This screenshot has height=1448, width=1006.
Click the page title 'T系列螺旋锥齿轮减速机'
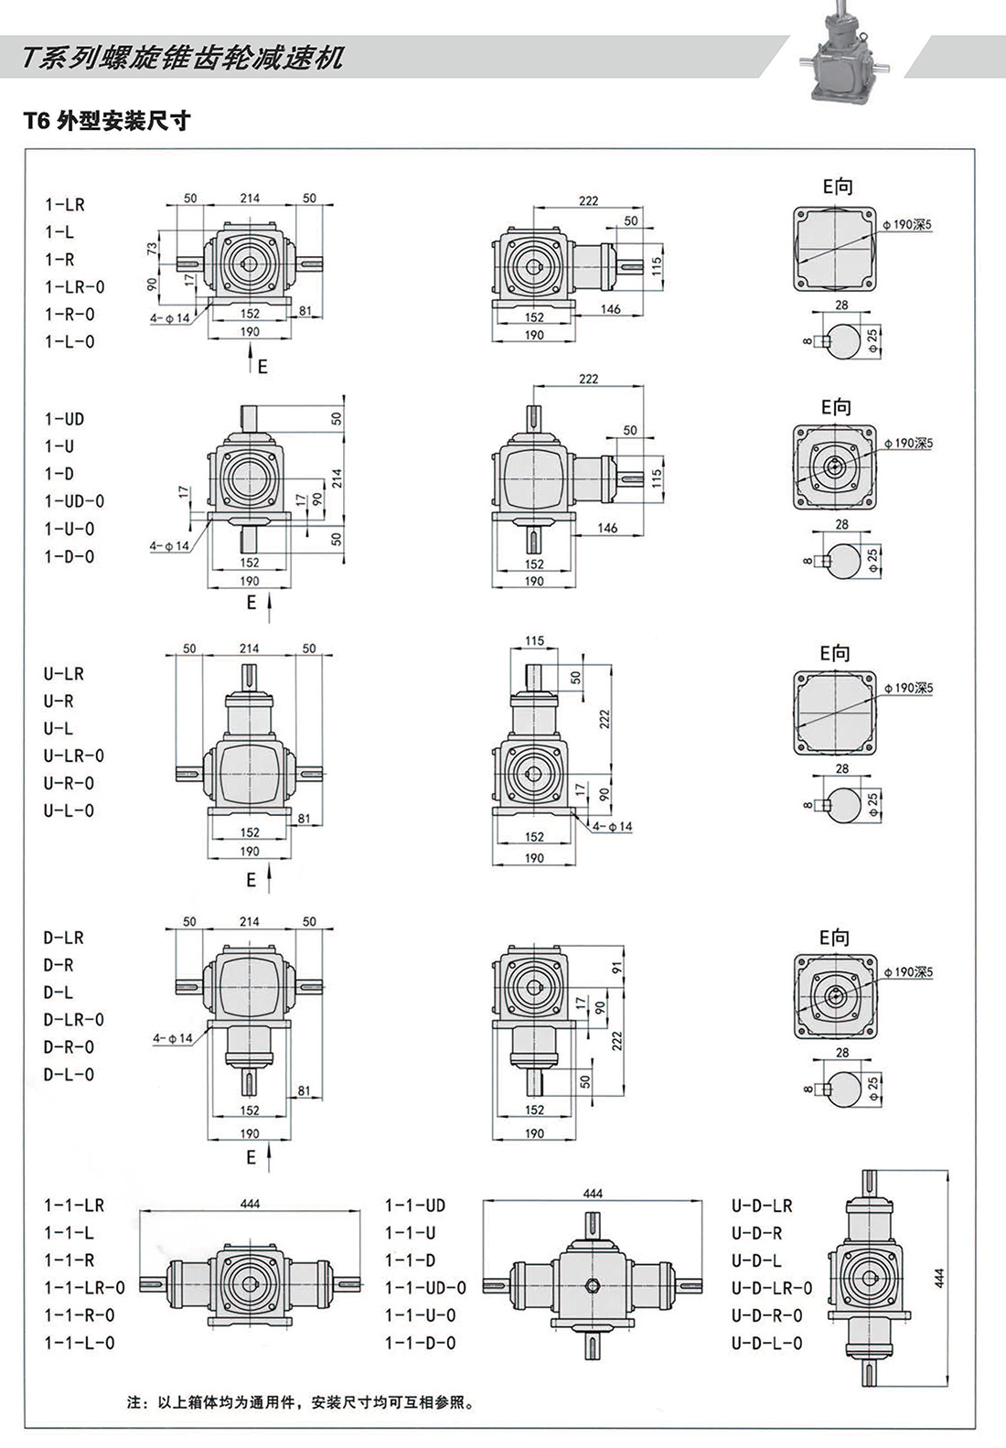tap(184, 58)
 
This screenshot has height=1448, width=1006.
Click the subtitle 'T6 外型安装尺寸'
tap(107, 121)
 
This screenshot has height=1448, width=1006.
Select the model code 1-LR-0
tap(75, 287)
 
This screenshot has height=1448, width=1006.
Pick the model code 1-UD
tap(65, 419)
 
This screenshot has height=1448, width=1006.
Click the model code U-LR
tap(64, 674)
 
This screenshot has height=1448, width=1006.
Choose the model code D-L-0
tap(69, 1075)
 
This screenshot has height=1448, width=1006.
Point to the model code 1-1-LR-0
tap(84, 1288)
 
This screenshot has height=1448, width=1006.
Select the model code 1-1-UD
tap(415, 1206)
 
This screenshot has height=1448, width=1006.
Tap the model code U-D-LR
tap(762, 1206)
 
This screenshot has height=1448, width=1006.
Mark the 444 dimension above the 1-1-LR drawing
tap(250, 1204)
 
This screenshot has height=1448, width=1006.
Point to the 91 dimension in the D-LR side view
tap(617, 967)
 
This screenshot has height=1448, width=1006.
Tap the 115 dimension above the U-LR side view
tap(535, 641)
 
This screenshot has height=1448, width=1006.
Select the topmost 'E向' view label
tap(837, 187)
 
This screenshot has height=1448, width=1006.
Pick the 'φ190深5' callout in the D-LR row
tap(908, 972)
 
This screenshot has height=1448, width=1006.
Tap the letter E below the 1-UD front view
tap(251, 603)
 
